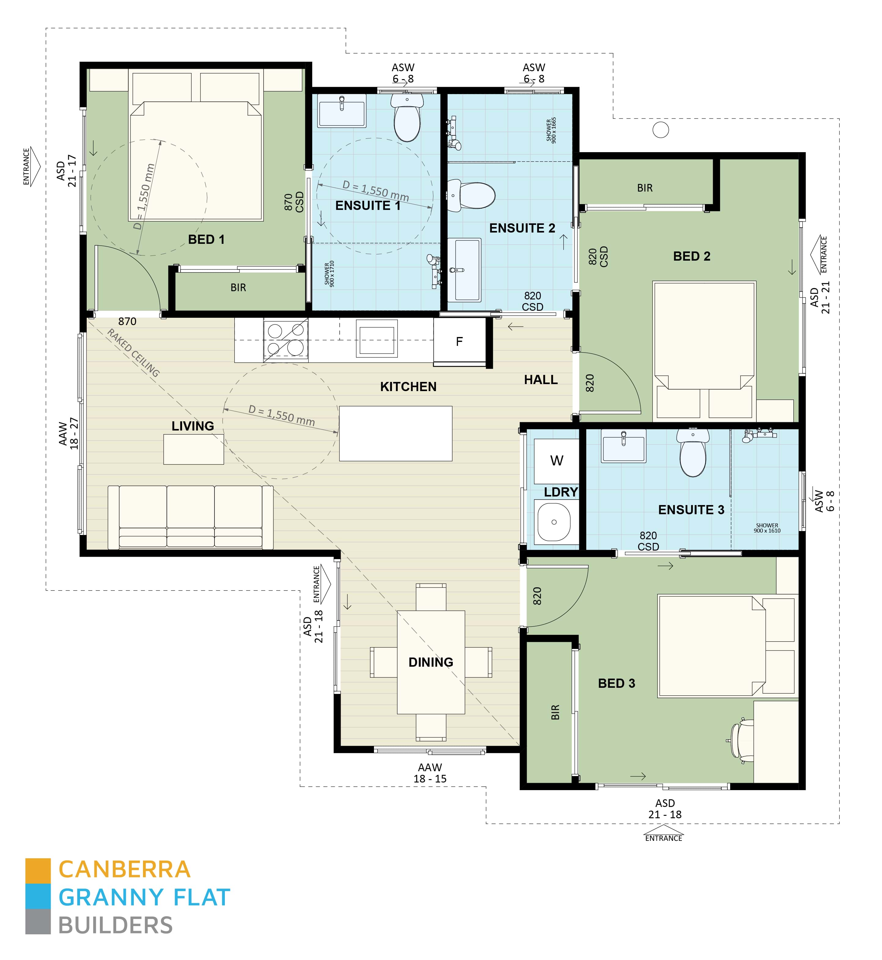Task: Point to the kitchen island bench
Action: [x=395, y=434]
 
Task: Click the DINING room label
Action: [x=430, y=662]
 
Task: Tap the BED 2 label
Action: [x=692, y=256]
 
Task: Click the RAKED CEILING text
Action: [x=133, y=353]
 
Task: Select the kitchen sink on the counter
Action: [x=377, y=340]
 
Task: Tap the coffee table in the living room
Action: [x=193, y=449]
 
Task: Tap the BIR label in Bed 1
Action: [x=238, y=288]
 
